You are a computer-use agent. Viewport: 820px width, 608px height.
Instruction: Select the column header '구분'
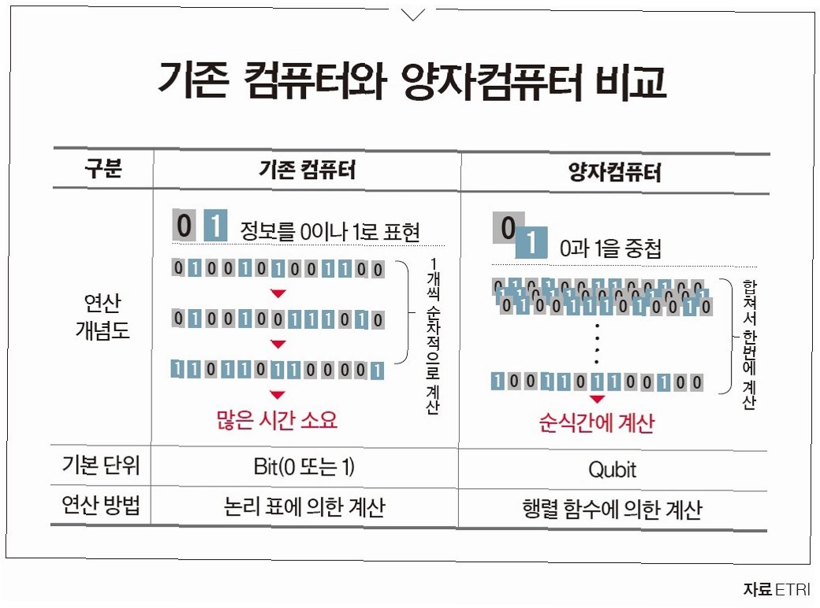(103, 170)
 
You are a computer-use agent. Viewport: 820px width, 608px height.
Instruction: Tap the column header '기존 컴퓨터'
(307, 170)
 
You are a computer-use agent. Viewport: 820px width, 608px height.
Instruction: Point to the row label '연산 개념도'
(103, 316)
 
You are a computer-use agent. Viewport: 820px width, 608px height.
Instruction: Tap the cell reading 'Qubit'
(612, 470)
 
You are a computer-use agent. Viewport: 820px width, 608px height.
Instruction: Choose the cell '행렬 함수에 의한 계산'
(612, 509)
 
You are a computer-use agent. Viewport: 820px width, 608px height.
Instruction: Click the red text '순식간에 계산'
(597, 423)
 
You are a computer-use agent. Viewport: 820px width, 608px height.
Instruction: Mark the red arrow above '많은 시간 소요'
(277, 394)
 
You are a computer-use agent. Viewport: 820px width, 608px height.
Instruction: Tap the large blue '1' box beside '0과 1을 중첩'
(531, 243)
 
